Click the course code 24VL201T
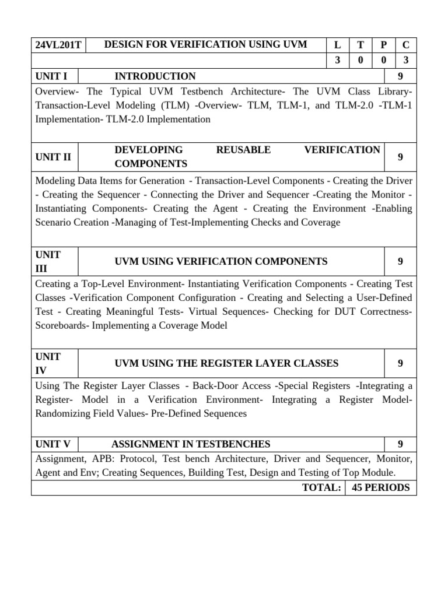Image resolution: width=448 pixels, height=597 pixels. coord(58,45)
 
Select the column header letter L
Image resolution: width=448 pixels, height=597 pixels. coord(337,45)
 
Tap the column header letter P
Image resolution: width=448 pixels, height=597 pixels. coord(383,45)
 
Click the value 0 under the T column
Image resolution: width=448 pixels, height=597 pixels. coord(360,60)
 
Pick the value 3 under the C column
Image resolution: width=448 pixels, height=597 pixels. coord(405,60)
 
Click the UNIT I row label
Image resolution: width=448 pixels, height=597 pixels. coord(51,76)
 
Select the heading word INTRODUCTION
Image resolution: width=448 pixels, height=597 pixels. coord(155,76)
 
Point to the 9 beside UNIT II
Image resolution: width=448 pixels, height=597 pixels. coord(400,157)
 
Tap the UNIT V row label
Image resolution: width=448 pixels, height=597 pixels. coord(53,444)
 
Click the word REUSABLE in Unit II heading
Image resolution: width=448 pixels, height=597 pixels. coord(243,150)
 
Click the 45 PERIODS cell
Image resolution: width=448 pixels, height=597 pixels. coord(381,487)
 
